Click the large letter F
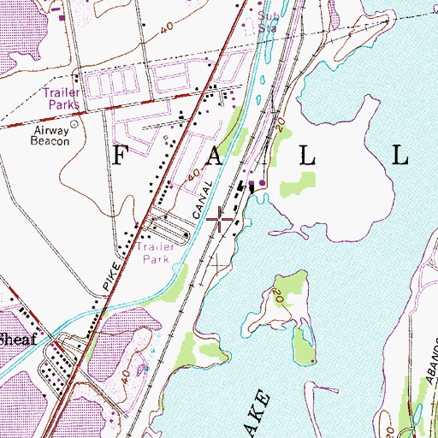coord(121,154)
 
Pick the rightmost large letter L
coord(400,154)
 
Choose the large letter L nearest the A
coord(307,154)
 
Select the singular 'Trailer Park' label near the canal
coord(155,252)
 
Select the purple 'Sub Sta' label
coord(268,21)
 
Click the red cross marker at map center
coord(220,220)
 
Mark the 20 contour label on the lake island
coord(279,297)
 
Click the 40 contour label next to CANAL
coord(196,177)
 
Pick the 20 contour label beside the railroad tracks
coord(280,127)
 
